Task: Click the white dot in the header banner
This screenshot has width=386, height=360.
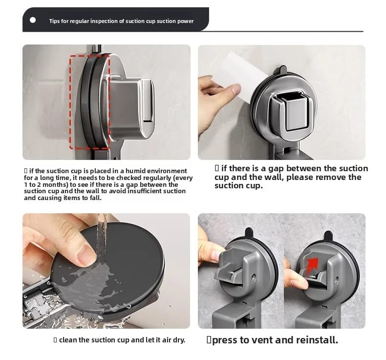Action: point(33,20)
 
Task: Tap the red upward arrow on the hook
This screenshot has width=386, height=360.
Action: point(312,266)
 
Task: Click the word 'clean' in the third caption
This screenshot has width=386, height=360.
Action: point(68,340)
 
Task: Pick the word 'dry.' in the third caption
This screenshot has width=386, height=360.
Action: point(178,340)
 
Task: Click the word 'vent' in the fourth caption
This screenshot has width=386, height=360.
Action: point(265,340)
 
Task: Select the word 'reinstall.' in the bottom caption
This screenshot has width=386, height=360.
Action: point(317,340)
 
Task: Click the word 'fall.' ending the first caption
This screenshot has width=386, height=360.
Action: point(95,198)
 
